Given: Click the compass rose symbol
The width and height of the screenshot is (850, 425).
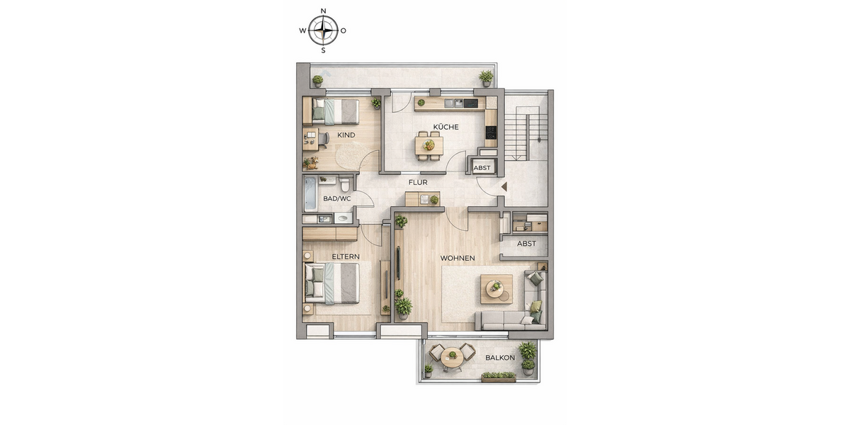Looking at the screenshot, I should (x=323, y=30).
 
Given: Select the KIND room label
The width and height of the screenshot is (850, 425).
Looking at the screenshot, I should (x=346, y=135).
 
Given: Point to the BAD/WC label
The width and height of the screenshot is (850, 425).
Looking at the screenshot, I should (x=337, y=199).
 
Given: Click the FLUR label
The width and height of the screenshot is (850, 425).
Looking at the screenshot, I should (x=418, y=182).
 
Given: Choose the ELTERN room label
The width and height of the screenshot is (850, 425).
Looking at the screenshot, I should (x=346, y=256).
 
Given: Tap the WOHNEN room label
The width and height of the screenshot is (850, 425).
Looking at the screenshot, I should (x=458, y=259).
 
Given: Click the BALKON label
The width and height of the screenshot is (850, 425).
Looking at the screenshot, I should (x=500, y=358).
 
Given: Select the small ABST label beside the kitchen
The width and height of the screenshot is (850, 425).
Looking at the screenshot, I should (x=482, y=168).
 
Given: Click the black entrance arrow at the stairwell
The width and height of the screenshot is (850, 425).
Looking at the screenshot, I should (x=504, y=186).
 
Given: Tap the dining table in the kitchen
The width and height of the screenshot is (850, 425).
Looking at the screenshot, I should (x=429, y=145).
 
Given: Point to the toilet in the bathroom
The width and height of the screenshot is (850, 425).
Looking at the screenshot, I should (x=345, y=186).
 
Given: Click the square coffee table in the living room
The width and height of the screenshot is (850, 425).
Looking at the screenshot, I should (x=497, y=288).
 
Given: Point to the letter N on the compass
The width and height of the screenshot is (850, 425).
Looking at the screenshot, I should (x=324, y=11).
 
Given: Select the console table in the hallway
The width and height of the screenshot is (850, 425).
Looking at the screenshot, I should (x=422, y=199).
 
